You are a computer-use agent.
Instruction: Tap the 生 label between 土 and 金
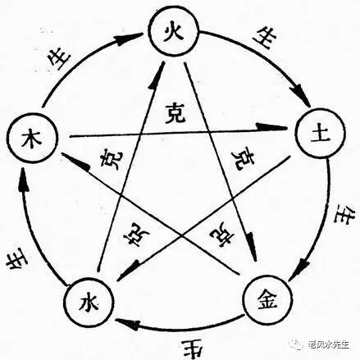339,220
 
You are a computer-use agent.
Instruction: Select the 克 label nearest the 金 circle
221,235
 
